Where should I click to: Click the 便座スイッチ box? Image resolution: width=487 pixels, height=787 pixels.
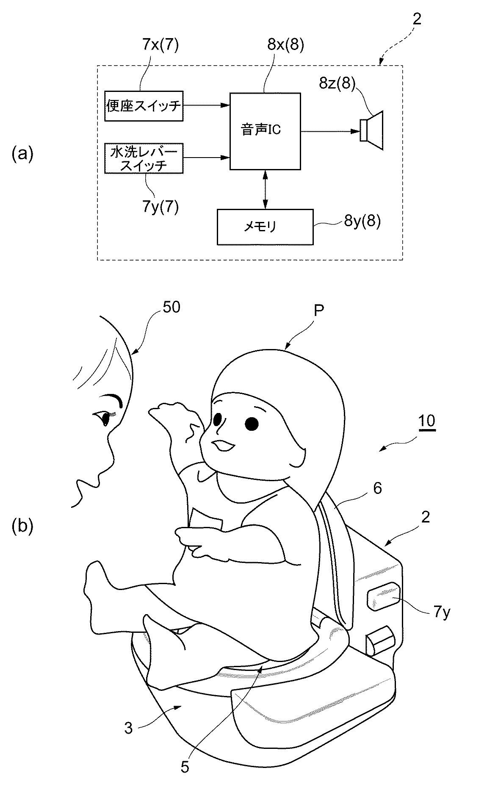point(144,106)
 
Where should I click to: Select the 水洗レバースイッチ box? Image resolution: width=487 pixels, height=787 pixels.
point(144,158)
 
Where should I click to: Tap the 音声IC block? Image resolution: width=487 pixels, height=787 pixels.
point(265,131)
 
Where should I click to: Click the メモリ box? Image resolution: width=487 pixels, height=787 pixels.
point(265,227)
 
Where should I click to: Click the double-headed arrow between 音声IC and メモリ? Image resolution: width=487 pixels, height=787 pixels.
point(265,189)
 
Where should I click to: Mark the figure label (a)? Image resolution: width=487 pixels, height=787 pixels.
point(22,153)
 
